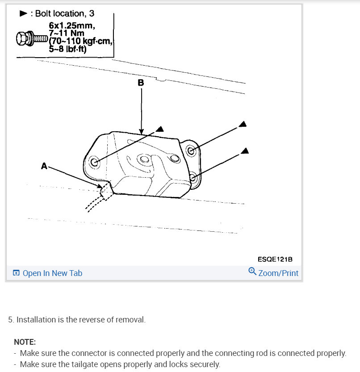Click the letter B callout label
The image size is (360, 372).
tap(141, 83)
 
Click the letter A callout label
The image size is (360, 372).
tap(44, 166)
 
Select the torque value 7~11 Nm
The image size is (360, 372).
tap(67, 33)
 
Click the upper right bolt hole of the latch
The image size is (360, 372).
tap(191, 150)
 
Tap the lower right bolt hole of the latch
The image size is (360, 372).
tap(193, 178)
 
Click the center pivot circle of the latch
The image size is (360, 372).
tap(143, 159)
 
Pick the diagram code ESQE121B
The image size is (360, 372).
tap(275, 259)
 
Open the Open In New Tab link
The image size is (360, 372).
tap(52, 273)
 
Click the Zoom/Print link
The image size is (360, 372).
tap(278, 273)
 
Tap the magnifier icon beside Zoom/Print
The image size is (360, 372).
tap(252, 272)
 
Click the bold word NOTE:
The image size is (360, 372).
tap(25, 342)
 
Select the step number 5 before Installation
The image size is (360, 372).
tap(10, 320)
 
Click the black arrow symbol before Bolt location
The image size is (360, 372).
tap(24, 14)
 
